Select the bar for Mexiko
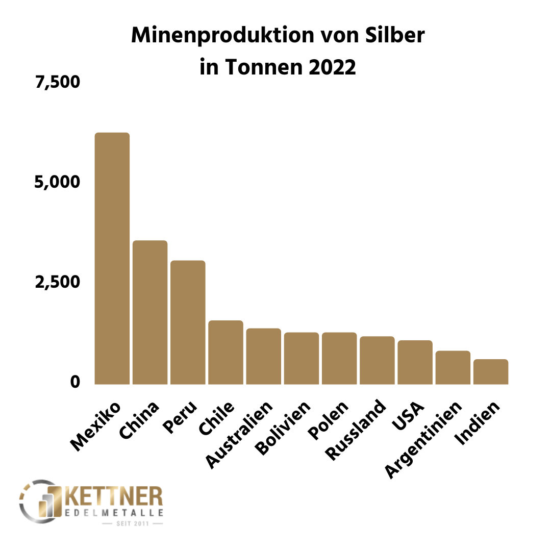[112, 258]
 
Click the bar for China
[150, 312]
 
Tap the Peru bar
[188, 322]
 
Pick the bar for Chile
[226, 352]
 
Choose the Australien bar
[263, 356]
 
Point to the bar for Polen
[339, 358]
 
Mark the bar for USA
[415, 362]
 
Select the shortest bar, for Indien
[490, 371]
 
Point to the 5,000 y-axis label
[58, 182]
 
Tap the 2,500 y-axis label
[58, 282]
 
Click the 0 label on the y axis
[76, 382]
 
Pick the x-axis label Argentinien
[423, 439]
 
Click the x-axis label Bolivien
[283, 429]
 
